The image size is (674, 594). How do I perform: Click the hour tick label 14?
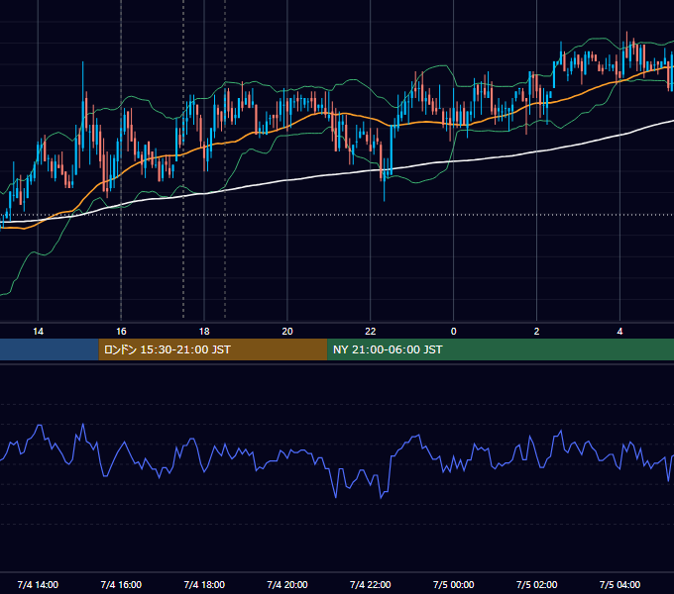click(38, 332)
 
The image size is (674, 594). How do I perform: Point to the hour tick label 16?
click(121, 332)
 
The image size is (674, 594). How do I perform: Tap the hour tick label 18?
click(204, 332)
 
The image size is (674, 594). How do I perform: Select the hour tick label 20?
click(287, 332)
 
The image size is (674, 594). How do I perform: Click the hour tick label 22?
click(370, 332)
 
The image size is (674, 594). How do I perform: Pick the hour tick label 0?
click(454, 332)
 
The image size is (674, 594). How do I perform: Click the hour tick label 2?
click(536, 332)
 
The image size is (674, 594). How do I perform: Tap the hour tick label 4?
click(619, 332)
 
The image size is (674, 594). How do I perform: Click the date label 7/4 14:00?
click(38, 584)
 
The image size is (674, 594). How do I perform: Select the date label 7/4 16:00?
click(121, 584)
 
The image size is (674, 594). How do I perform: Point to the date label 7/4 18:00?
click(204, 584)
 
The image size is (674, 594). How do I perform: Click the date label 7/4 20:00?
click(287, 584)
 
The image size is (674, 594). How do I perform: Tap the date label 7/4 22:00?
click(370, 584)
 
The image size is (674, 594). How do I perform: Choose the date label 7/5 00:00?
click(454, 584)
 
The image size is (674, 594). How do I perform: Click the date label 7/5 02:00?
click(536, 584)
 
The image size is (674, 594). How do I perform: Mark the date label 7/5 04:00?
click(619, 584)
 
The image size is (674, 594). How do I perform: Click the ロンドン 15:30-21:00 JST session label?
click(168, 349)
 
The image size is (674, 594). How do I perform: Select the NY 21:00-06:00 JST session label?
click(388, 349)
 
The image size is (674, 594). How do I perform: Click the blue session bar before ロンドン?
click(49, 349)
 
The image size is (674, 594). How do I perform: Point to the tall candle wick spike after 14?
click(83, 81)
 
